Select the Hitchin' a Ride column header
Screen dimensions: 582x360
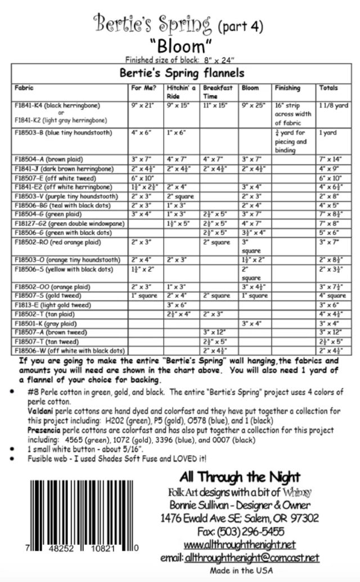(x=181, y=92)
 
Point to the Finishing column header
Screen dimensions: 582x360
(x=287, y=88)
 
